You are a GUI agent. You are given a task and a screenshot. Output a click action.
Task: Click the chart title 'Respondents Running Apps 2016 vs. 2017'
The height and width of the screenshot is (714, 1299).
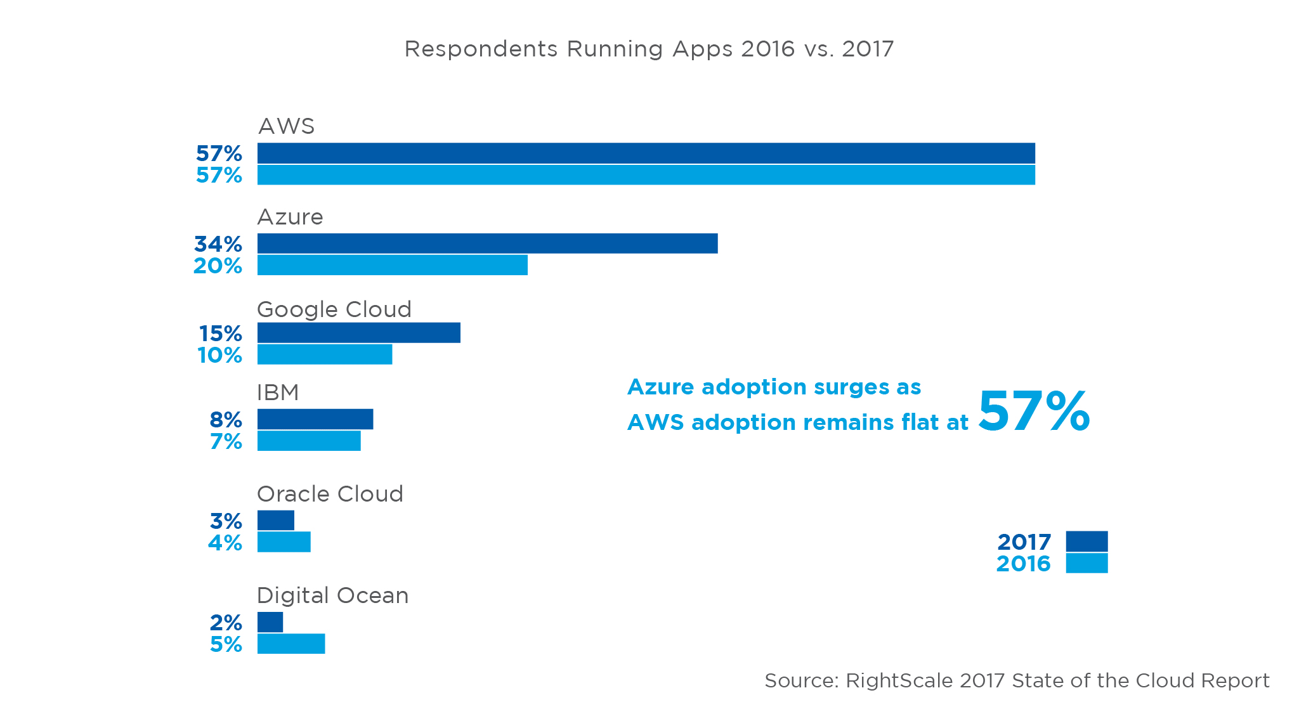pos(649,49)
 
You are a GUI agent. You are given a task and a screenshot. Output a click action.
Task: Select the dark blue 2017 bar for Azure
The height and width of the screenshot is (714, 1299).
pos(487,243)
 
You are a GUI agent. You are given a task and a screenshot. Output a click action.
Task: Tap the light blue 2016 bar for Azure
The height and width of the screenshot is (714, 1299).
pos(392,265)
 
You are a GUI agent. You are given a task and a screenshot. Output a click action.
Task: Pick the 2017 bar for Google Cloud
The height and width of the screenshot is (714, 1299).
pos(358,333)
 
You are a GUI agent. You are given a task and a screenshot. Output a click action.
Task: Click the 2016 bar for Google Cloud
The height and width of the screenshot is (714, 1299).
pos(325,354)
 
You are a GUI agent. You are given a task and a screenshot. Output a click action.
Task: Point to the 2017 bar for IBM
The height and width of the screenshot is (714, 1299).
pos(315,419)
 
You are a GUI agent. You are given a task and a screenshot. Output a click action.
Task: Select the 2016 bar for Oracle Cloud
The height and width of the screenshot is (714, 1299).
pos(284,542)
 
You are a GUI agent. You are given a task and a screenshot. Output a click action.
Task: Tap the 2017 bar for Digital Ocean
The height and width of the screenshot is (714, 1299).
pos(270,622)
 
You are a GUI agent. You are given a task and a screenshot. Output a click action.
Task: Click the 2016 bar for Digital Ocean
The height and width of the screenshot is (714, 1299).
pos(291,644)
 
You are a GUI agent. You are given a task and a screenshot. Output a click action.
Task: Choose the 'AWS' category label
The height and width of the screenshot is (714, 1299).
pos(286,126)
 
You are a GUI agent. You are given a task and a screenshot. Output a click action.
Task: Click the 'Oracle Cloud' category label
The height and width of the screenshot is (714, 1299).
pos(330,494)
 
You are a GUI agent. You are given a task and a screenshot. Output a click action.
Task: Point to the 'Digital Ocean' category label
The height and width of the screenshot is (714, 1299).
pos(332,595)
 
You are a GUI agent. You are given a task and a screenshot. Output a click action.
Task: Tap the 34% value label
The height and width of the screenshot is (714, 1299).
pos(218,244)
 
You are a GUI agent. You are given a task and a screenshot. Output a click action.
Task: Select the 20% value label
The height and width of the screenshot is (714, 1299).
pos(218,266)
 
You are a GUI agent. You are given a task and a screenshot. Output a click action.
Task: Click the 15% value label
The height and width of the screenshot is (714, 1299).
pos(220,334)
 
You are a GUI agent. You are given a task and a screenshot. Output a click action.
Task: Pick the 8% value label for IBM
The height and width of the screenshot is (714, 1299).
pos(226,420)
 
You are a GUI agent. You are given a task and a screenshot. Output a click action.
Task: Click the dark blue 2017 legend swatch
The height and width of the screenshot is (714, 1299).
pos(1087,542)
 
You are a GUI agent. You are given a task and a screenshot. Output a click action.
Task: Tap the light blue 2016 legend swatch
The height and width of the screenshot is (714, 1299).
pos(1087,563)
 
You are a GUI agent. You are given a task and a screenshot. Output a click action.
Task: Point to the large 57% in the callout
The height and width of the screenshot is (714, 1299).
pos(1034,412)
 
